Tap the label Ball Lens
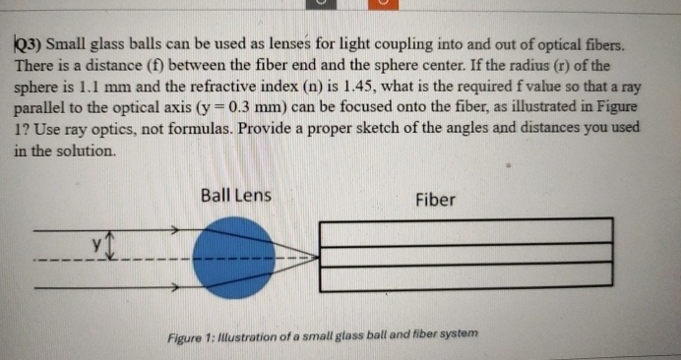point(235,196)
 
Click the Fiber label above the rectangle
point(435,201)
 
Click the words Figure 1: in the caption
point(199,334)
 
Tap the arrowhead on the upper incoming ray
point(172,229)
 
